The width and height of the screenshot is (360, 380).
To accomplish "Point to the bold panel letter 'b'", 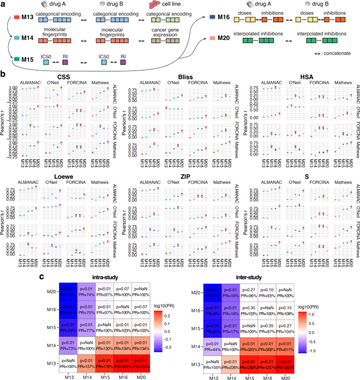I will coord(4,75).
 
